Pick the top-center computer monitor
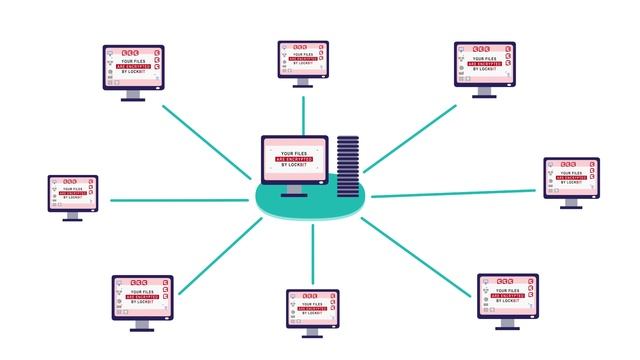pyautogui.click(x=303, y=60)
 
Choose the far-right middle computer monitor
pyautogui.click(x=571, y=177)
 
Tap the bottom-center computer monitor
pyautogui.click(x=312, y=309)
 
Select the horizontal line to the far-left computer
pyautogui.click(x=180, y=200)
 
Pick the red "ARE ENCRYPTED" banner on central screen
pyautogui.click(x=294, y=159)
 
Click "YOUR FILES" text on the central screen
pyautogui.click(x=294, y=151)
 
